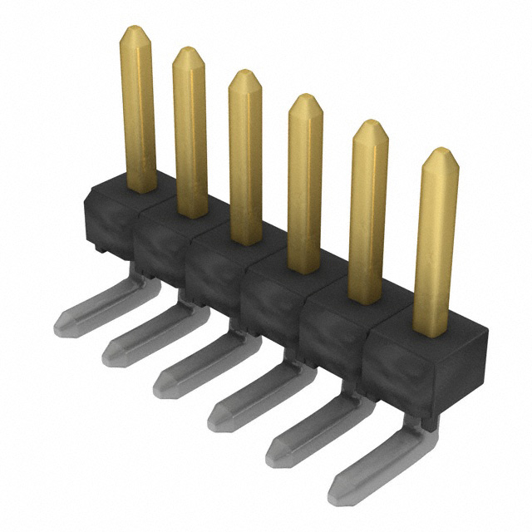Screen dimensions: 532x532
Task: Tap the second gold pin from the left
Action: pos(190,133)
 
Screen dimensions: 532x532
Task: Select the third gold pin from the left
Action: pos(245,158)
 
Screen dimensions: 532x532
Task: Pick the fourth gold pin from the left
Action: pos(304,183)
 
